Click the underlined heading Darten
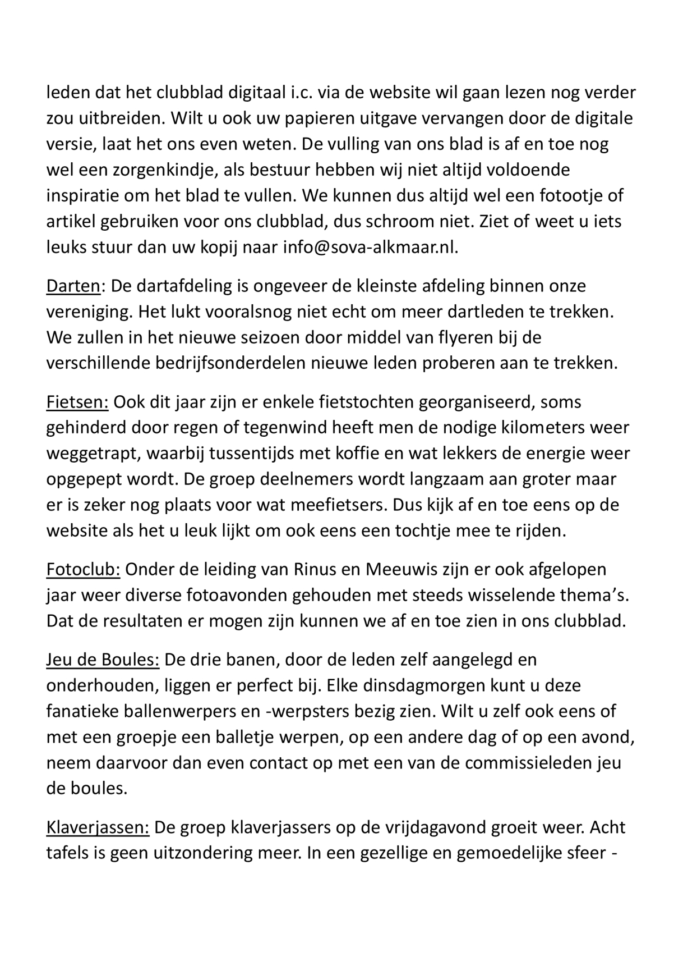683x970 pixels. click(x=72, y=286)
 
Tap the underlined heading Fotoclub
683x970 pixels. click(x=83, y=569)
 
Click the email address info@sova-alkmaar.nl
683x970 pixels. click(x=371, y=248)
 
